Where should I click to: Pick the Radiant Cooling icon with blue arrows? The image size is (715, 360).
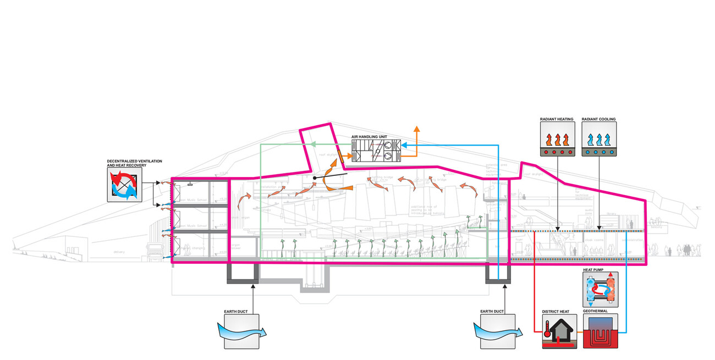[599, 139]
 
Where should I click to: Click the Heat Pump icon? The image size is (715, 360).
[600, 290]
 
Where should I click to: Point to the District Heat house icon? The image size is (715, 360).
[558, 332]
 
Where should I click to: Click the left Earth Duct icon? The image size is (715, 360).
[241, 331]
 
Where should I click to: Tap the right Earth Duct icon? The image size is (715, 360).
[498, 331]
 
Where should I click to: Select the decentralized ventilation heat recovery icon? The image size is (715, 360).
[124, 184]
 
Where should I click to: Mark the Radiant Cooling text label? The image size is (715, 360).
[599, 119]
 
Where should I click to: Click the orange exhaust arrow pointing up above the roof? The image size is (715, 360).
[417, 130]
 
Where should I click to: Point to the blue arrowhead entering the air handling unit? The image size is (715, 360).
[403, 145]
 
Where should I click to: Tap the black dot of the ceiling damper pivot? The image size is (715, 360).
[314, 178]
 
